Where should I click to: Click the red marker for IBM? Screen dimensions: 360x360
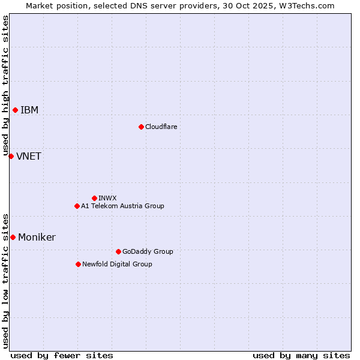point(15,110)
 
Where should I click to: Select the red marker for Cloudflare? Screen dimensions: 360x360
point(141,127)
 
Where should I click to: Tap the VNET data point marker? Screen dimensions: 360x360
point(11,156)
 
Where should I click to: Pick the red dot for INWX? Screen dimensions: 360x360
point(94,198)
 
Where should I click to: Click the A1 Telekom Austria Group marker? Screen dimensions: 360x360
point(77,206)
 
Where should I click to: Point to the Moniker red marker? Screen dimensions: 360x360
point(13,237)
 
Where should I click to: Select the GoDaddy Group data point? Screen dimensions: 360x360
point(118,251)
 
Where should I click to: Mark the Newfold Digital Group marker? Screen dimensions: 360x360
point(78,264)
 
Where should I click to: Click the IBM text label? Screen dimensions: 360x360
point(29,110)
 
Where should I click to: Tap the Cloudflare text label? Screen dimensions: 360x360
point(161,127)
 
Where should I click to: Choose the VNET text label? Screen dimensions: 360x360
point(29,156)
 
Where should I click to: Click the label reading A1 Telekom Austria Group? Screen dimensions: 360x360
point(122,206)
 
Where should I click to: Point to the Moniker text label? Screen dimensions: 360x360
point(37,237)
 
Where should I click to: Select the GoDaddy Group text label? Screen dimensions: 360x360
point(148,251)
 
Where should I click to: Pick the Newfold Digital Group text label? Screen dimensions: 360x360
point(117,264)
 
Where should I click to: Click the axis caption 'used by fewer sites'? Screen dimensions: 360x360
point(62,355)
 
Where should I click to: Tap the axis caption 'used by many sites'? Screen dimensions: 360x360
point(301,355)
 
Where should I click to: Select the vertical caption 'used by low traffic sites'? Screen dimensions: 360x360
point(5,280)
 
